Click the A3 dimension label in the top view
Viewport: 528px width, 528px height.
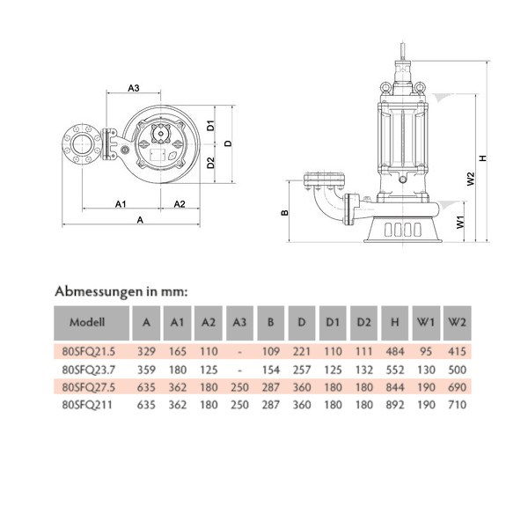point(135,88)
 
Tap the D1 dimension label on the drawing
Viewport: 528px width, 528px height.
point(211,124)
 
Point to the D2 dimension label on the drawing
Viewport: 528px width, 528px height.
point(211,162)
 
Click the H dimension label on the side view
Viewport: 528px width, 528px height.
point(483,159)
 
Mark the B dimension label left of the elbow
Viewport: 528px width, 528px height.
point(284,212)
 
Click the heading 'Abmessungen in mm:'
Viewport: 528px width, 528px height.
point(121,290)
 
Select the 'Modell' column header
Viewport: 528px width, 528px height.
point(88,322)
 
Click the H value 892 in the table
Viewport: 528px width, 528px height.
point(394,406)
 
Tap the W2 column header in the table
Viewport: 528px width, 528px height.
point(456,322)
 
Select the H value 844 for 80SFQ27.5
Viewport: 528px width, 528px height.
point(394,388)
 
